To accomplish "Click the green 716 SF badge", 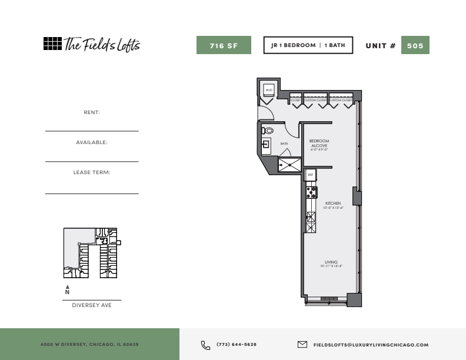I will point(224,45).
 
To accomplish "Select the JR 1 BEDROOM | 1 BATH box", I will point(308,45).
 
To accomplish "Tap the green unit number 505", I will point(415,45).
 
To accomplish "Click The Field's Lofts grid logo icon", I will point(52,44).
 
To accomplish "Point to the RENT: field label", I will point(92,112).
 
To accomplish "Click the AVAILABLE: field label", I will point(92,142).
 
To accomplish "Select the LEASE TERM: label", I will point(92,172).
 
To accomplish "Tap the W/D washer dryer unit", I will point(268,89).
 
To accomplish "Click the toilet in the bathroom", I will point(268,131).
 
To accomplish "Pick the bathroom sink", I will point(266,145).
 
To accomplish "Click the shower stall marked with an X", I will point(289,165).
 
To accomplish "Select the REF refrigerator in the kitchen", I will point(311,175).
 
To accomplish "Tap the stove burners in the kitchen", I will point(311,192).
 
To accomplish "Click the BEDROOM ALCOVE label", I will point(319,144).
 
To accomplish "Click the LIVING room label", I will point(331,262).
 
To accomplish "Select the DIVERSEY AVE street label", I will point(92,305).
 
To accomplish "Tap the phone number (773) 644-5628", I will point(237,345).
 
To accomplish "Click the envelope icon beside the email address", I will point(302,345).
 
